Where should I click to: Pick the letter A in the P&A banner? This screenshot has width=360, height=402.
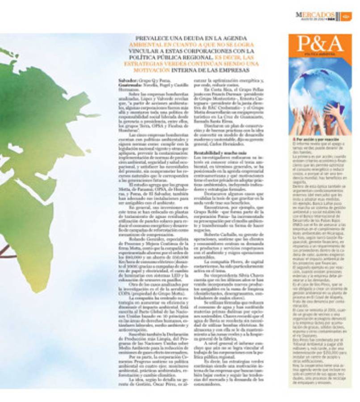point(335,45)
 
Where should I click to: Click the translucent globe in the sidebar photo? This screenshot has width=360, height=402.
point(313,89)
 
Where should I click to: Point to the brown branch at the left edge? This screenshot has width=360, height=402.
point(5,250)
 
